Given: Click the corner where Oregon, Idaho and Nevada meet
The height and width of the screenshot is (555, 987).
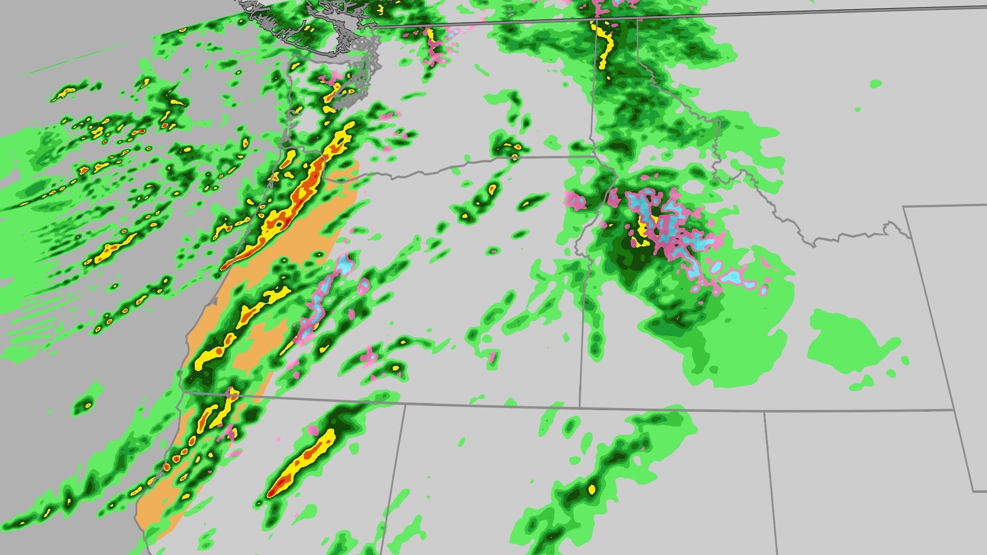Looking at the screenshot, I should pos(580,408).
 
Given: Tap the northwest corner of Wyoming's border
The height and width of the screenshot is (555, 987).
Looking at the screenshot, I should pos(904,207).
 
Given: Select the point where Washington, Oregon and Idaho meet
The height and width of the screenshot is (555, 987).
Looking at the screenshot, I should pos(591,156).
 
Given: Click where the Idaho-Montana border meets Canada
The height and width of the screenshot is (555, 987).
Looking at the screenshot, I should pos(637,19).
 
